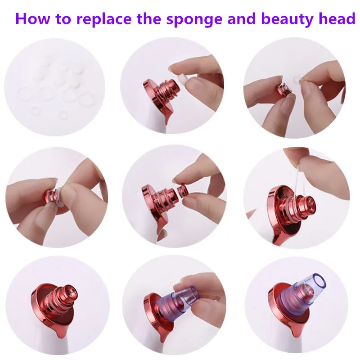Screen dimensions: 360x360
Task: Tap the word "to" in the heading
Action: [63, 19]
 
